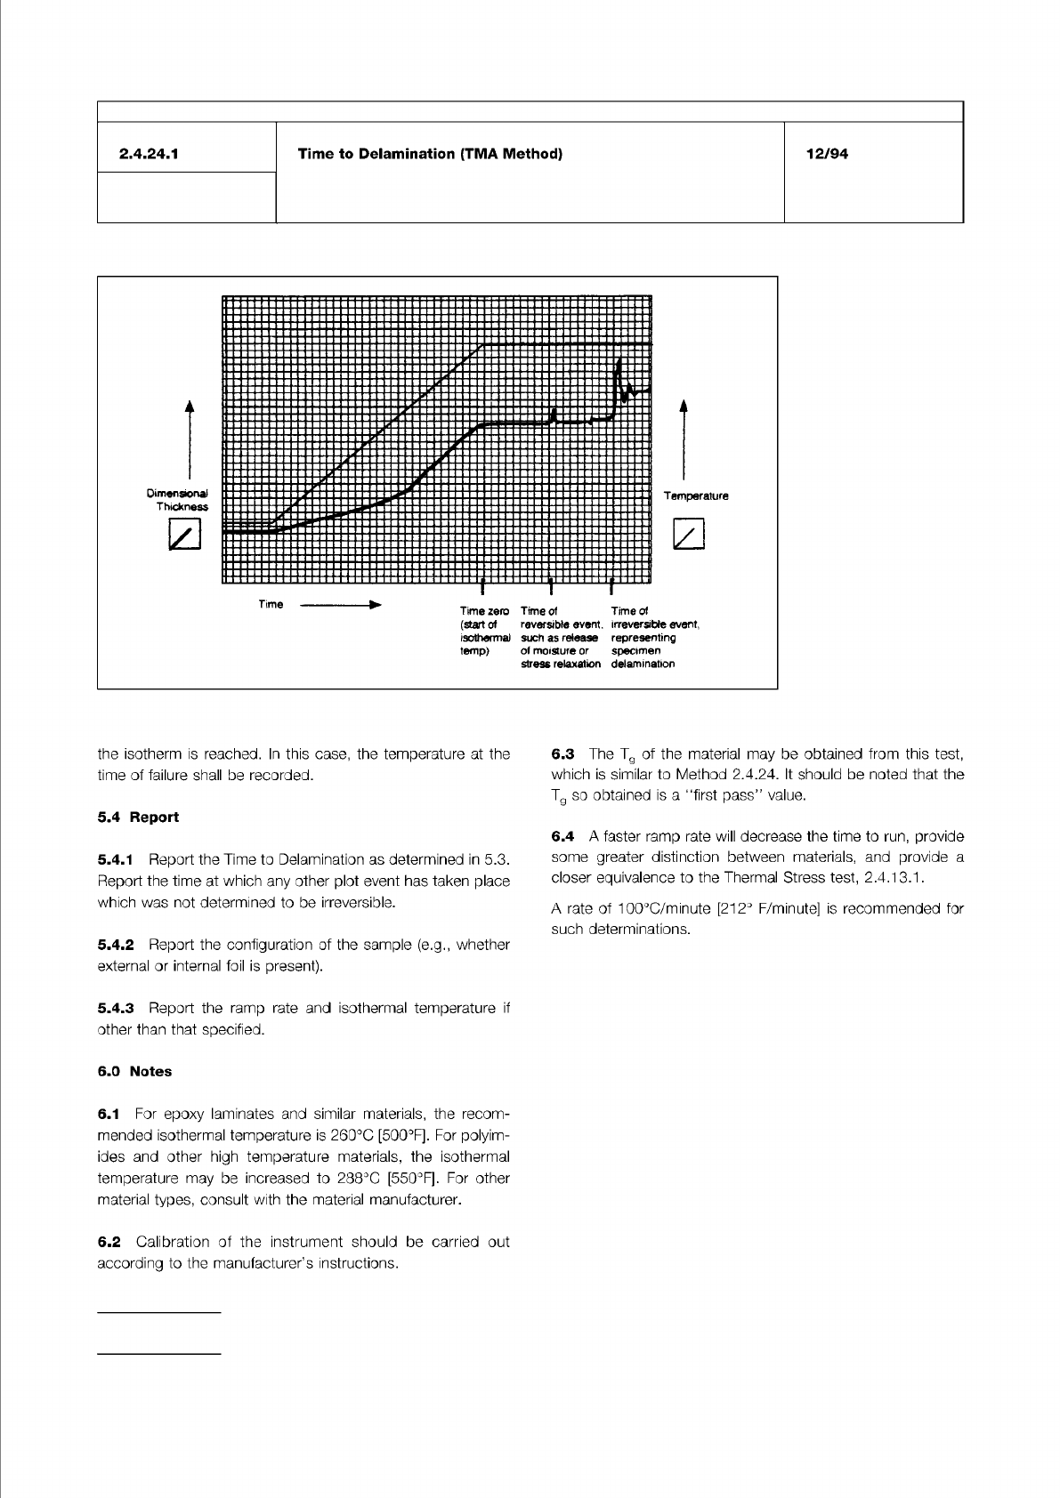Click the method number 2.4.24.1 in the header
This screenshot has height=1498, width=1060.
(149, 154)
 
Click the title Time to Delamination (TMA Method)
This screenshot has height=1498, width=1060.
(430, 154)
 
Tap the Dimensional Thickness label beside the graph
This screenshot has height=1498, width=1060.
(177, 499)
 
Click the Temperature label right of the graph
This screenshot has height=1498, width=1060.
(696, 496)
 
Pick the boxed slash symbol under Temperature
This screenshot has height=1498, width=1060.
(689, 536)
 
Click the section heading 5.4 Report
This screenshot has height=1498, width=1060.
(138, 817)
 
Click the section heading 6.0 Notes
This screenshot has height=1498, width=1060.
(134, 1071)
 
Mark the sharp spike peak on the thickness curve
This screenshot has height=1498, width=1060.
(618, 359)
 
